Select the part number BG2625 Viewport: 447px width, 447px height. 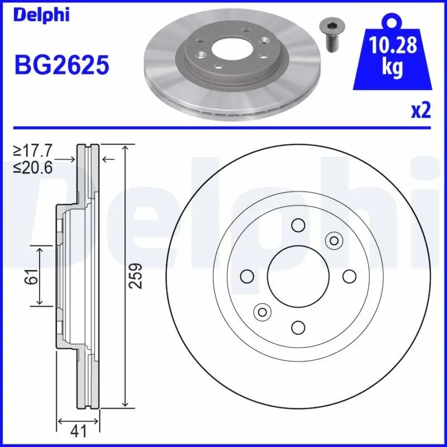click(x=61, y=65)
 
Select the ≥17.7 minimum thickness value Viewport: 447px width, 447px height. click(x=34, y=151)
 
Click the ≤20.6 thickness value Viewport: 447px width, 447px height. click(x=34, y=167)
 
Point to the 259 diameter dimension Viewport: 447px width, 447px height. click(x=136, y=276)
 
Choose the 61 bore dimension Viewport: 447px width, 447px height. click(x=32, y=276)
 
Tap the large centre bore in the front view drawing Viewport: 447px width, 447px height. click(x=297, y=276)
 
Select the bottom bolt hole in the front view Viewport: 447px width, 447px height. click(x=297, y=328)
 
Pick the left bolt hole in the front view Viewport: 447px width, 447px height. click(x=246, y=276)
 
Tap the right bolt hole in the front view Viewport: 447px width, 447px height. click(x=349, y=276)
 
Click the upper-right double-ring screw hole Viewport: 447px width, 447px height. click(x=334, y=240)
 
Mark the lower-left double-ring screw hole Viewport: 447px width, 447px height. click(x=261, y=312)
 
